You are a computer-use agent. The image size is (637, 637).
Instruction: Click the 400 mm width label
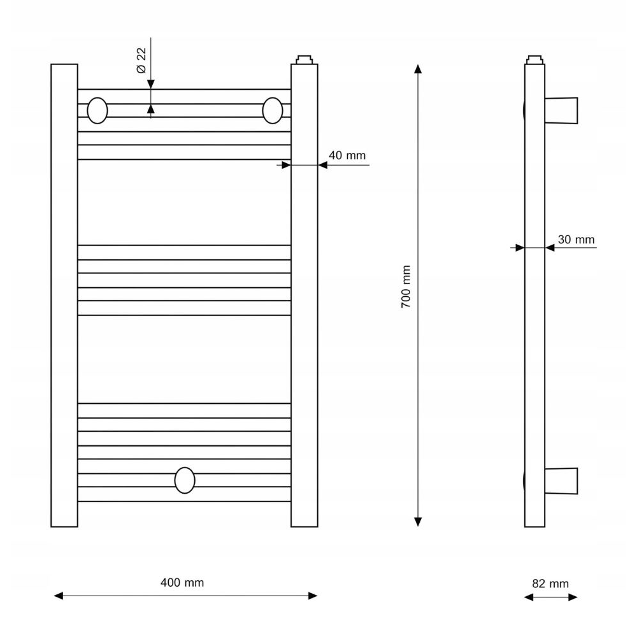[182, 583]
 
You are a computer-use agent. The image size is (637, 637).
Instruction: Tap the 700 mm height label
[406, 287]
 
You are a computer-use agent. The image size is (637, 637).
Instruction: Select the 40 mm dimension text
[347, 155]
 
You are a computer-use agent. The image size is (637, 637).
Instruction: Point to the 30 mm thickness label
[576, 240]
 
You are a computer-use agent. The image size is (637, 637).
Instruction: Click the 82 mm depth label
[550, 583]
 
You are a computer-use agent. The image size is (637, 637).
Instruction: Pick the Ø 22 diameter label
[141, 61]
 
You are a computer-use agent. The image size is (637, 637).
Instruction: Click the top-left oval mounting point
[97, 110]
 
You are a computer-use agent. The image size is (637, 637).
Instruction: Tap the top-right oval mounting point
[273, 110]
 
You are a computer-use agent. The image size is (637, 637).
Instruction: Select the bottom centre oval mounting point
[185, 480]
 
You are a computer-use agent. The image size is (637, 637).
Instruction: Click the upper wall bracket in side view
[561, 110]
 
